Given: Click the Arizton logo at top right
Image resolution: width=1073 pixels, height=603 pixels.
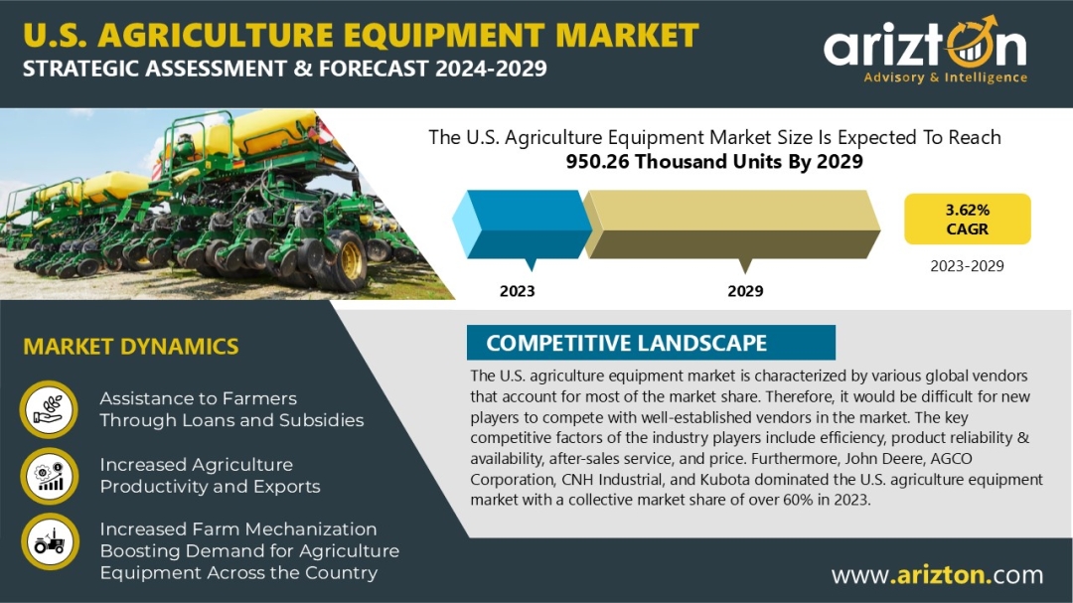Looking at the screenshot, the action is point(925,50).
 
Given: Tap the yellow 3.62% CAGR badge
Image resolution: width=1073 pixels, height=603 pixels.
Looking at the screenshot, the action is point(967,219).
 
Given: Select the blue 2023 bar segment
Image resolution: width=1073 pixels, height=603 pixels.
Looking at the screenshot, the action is point(523,224).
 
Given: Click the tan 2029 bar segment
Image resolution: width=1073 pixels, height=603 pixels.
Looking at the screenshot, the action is point(731,224).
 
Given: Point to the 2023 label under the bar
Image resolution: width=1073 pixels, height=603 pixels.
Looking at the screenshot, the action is point(518,291).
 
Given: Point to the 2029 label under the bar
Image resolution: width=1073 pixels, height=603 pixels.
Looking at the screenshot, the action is point(745,291).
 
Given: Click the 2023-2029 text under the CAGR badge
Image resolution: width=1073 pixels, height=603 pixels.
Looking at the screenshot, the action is point(967,266).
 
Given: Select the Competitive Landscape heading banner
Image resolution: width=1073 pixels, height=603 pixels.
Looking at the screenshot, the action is point(651,342).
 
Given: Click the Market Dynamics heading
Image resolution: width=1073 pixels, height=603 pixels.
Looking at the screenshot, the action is point(131,347).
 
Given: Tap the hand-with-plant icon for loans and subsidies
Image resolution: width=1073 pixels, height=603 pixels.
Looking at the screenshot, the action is point(49,409).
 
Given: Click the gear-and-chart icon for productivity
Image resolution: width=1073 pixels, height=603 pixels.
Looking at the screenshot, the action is point(49,476).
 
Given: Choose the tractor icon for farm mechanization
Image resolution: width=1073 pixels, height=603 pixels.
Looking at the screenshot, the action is point(50,542).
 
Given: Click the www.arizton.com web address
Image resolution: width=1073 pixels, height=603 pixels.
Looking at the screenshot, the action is point(938,575).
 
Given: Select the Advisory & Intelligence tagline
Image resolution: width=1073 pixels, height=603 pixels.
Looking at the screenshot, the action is point(945,77).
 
